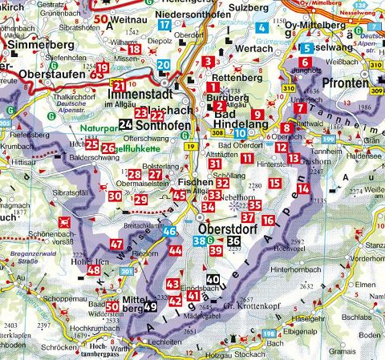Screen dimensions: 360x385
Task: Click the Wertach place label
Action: pyautogui.click(x=233, y=49)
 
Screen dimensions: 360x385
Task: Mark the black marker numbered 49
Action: pyautogui.click(x=151, y=305)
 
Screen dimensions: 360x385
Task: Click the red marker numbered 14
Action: pyautogui.click(x=303, y=189)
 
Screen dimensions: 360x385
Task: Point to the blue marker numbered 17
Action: pyautogui.click(x=164, y=25)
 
